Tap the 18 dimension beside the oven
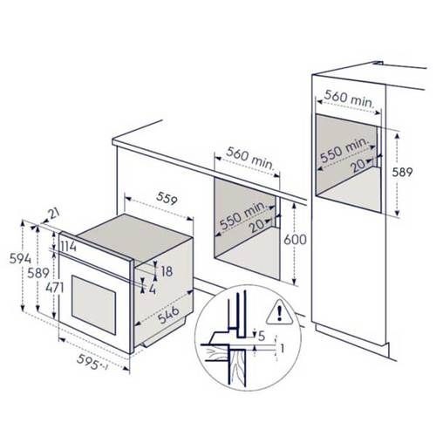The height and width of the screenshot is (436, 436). tap(167, 271)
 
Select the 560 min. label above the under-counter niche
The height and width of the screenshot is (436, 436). tap(249, 158)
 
